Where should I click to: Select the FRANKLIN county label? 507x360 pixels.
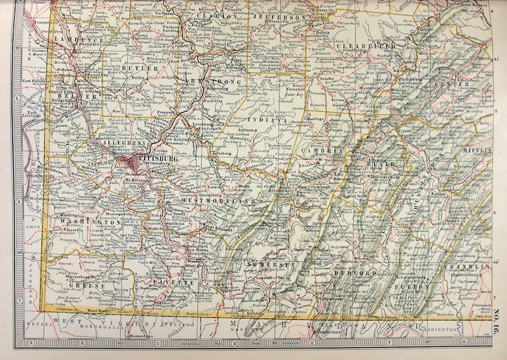click(x=469, y=266)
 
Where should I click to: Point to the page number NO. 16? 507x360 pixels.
click(x=497, y=317)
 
